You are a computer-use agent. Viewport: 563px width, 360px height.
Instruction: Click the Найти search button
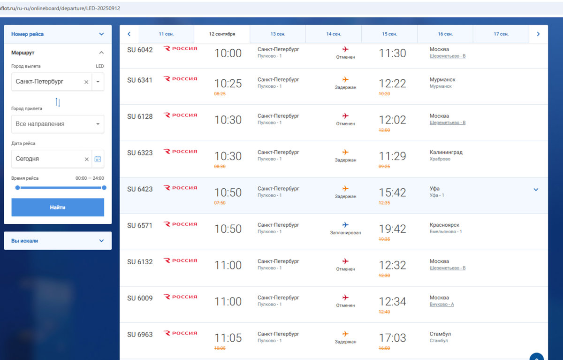tap(58, 207)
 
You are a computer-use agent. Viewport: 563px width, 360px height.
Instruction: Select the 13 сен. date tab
tap(277, 34)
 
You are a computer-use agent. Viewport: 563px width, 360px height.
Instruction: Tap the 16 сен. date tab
tap(445, 34)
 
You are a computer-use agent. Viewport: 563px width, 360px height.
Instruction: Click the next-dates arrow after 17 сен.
tap(538, 34)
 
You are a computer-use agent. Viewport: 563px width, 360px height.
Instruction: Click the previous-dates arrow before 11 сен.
tap(129, 34)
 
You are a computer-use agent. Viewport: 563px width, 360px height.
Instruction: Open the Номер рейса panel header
tap(58, 34)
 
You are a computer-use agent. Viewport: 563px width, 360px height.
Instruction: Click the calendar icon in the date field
tap(98, 159)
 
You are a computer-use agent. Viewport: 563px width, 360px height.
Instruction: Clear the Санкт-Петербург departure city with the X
tap(86, 82)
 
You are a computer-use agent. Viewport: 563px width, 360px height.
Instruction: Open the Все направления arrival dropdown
tap(58, 124)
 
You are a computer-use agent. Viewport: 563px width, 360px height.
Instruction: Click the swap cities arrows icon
tap(58, 102)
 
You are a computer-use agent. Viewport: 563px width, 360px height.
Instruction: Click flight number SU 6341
tap(140, 80)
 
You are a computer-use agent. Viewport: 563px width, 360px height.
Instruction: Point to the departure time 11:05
tap(228, 338)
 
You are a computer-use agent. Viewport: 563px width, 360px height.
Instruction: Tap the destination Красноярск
tap(444, 225)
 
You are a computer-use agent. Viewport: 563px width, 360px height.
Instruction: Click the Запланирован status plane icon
tap(346, 225)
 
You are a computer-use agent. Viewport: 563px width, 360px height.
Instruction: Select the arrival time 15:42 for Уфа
tap(392, 192)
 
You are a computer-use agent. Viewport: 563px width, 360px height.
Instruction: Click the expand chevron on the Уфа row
tap(536, 190)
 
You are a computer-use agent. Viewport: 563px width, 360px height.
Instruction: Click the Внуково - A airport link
tap(441, 305)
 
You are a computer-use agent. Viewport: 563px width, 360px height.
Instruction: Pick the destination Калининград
tap(446, 153)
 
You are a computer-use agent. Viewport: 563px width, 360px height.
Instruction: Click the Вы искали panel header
tap(58, 241)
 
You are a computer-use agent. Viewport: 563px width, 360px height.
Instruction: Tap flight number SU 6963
tap(140, 335)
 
